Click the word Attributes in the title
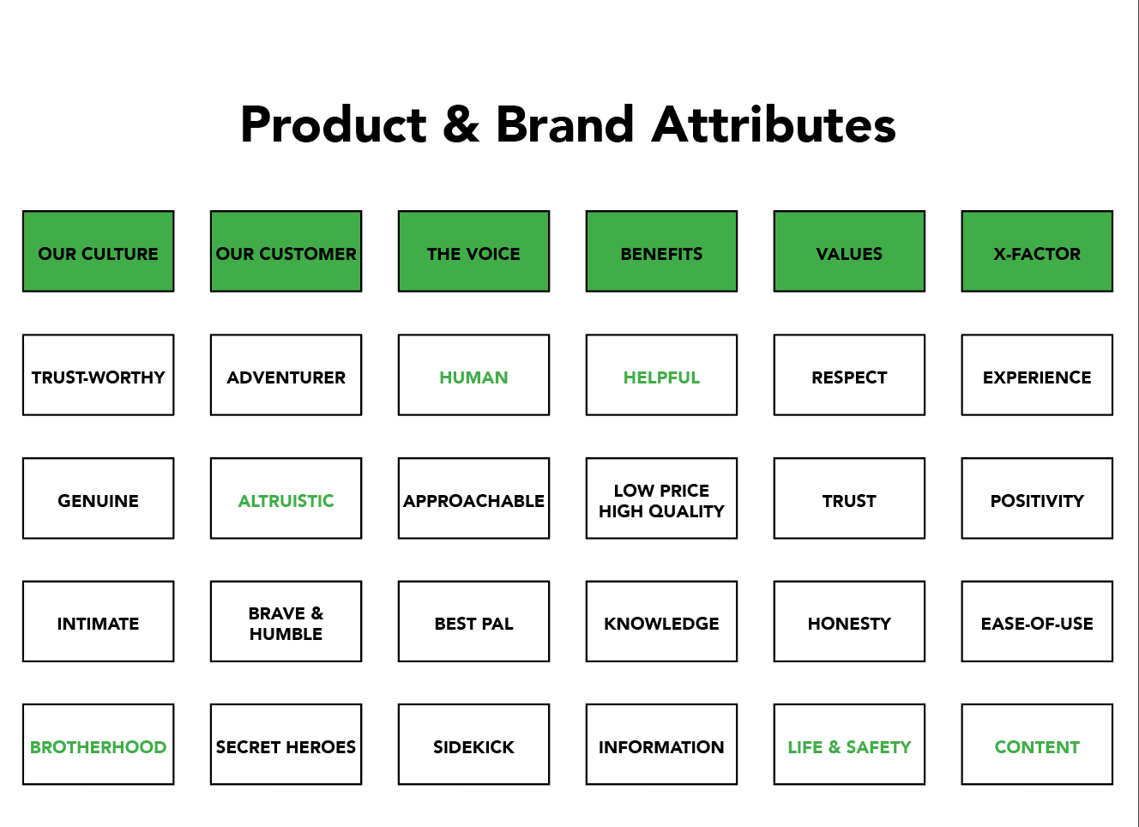pyautogui.click(x=774, y=124)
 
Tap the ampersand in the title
pyautogui.click(x=461, y=124)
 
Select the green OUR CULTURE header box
pyautogui.click(x=98, y=251)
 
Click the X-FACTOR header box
pyautogui.click(x=1037, y=251)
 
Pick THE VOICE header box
pyautogui.click(x=473, y=251)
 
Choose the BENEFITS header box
pyautogui.click(x=661, y=251)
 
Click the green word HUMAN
pyautogui.click(x=473, y=377)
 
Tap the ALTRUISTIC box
pyautogui.click(x=286, y=498)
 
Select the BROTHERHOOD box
pyautogui.click(x=98, y=745)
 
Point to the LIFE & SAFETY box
pyautogui.click(x=849, y=745)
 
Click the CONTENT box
pyautogui.click(x=1037, y=745)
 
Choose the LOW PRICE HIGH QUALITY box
pyautogui.click(x=661, y=498)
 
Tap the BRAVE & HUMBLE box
pyautogui.click(x=286, y=621)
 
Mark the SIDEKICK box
pyautogui.click(x=473, y=745)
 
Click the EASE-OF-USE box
pyautogui.click(x=1037, y=621)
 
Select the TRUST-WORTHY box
pyautogui.click(x=98, y=375)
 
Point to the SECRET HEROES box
pyautogui.click(x=286, y=745)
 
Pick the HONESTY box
pyautogui.click(x=849, y=621)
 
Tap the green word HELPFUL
pyautogui.click(x=661, y=377)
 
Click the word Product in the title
pyautogui.click(x=334, y=124)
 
